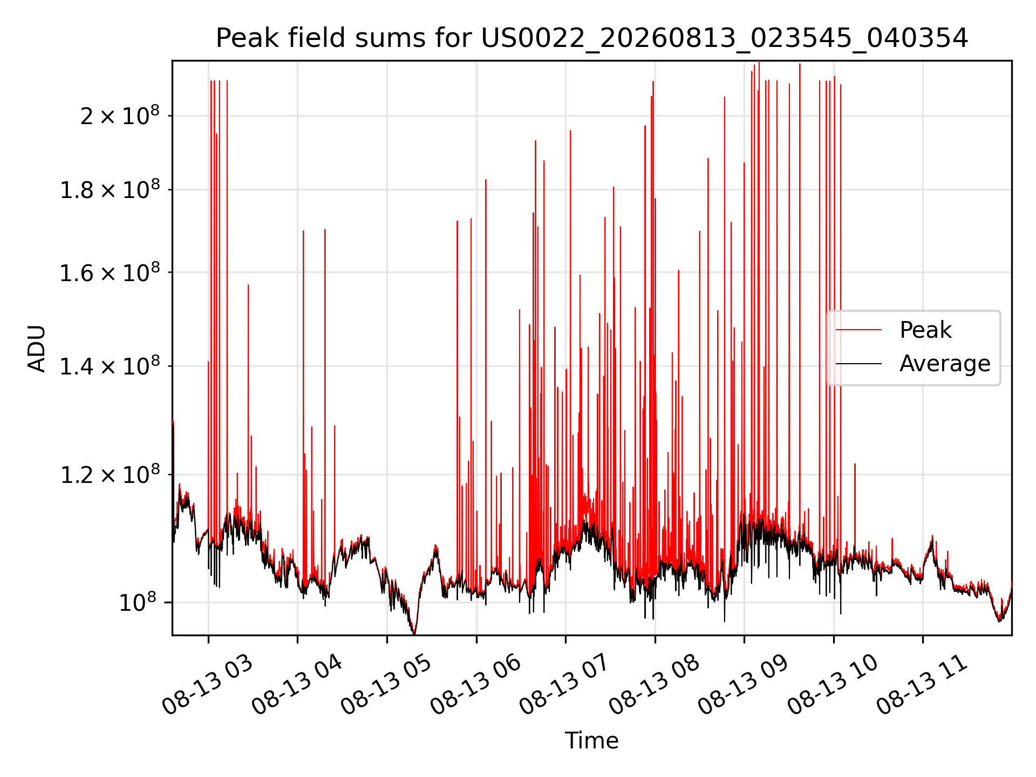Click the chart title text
[592, 38]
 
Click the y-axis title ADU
[37, 349]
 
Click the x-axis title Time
[591, 740]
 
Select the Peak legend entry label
[925, 330]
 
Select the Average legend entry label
[945, 364]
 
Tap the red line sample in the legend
[858, 330]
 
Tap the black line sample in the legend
[858, 364]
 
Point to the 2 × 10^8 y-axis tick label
[120, 115]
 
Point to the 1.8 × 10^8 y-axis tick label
[110, 190]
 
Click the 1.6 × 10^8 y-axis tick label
[110, 272]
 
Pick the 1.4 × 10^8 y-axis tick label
[110, 366]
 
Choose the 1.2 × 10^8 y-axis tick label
[110, 475]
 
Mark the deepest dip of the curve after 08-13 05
[414, 633]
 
